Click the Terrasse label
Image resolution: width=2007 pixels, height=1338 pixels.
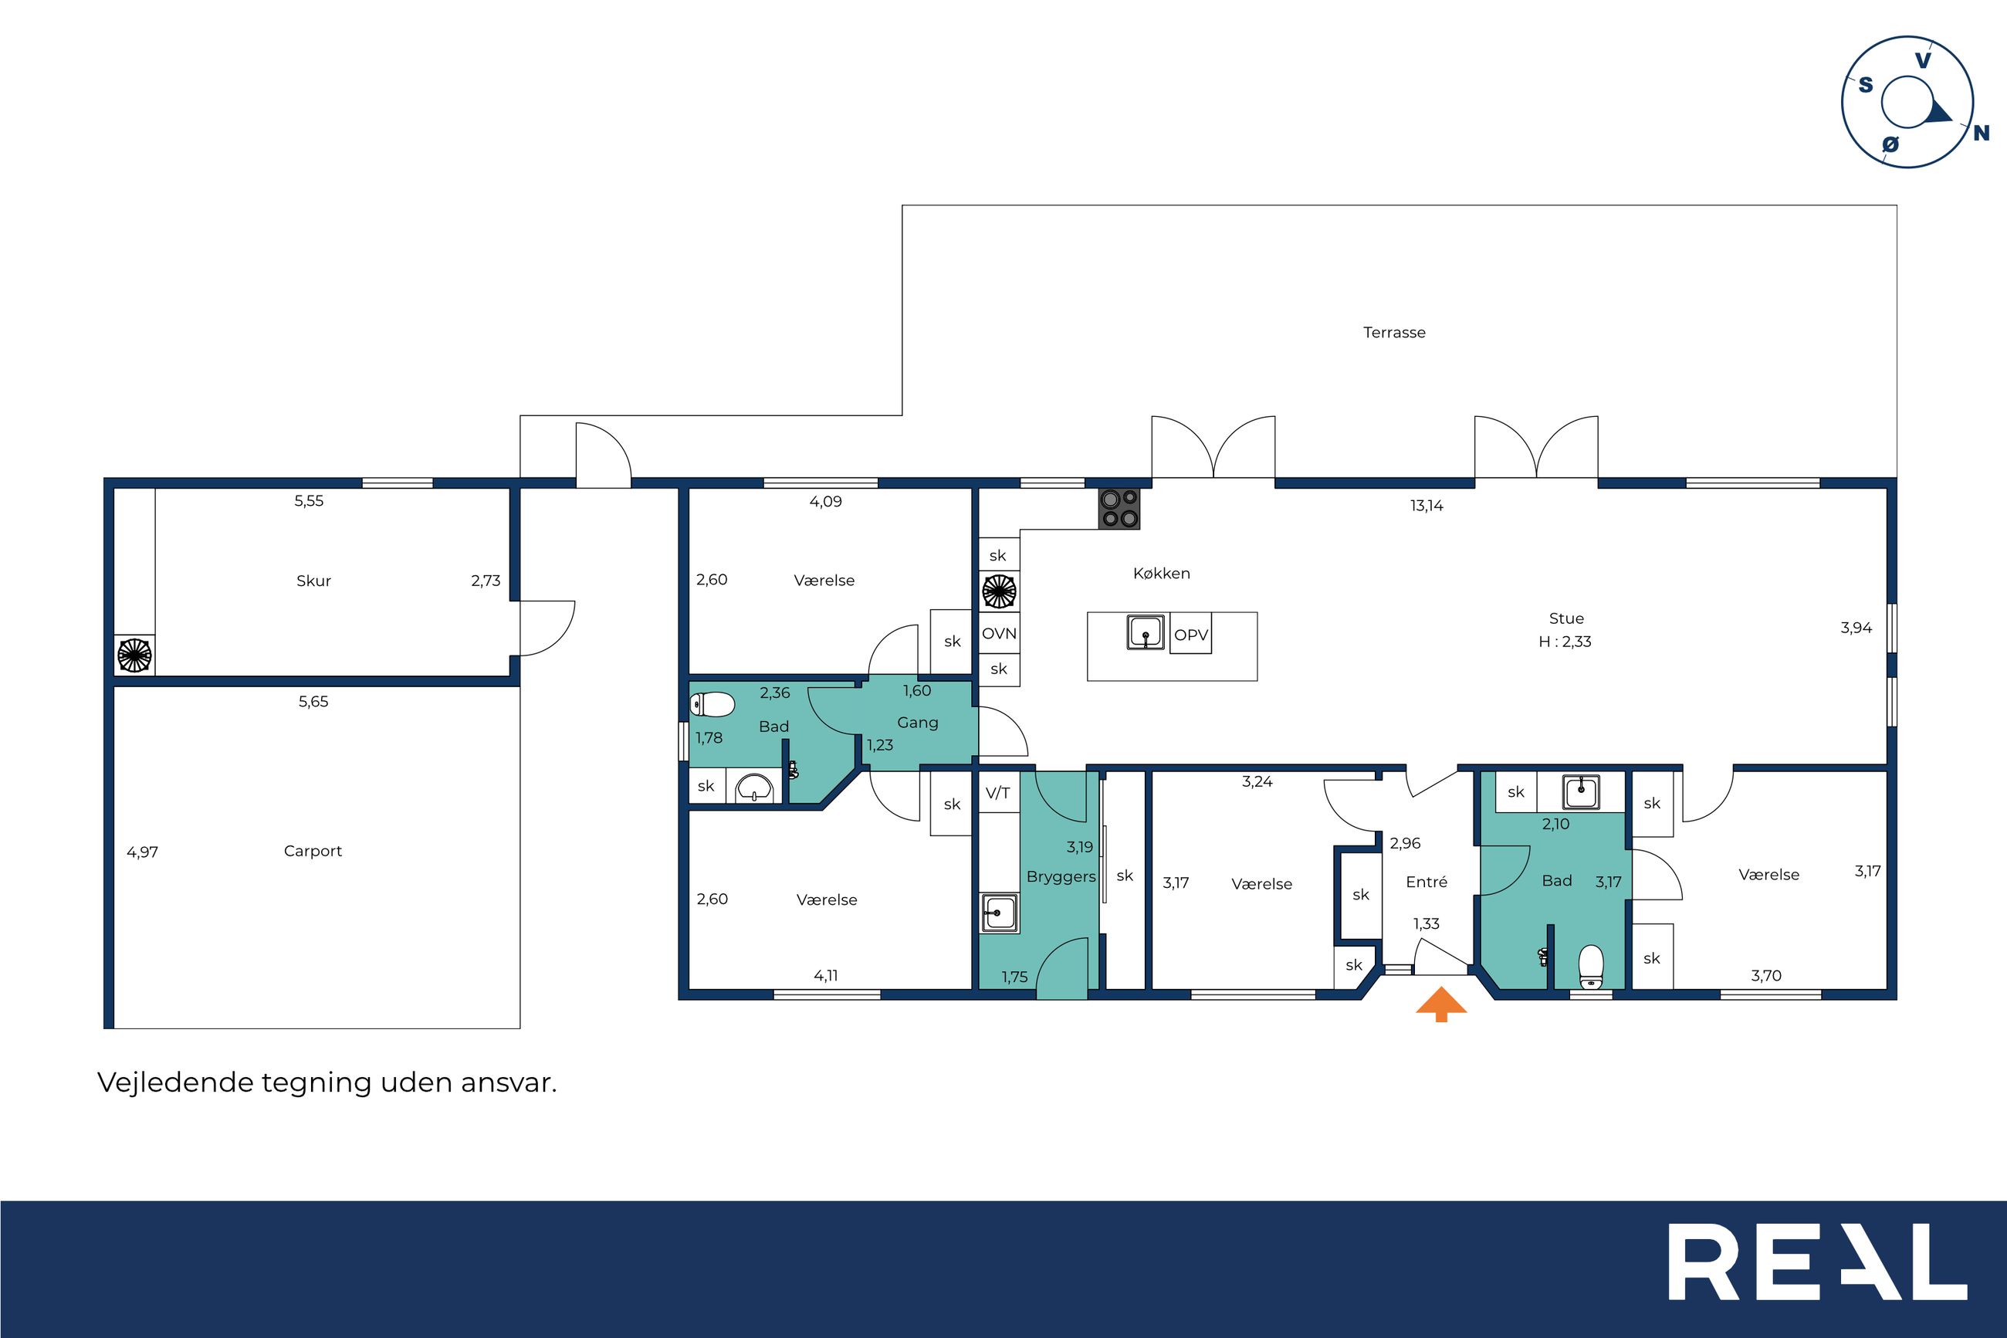[x=1394, y=333]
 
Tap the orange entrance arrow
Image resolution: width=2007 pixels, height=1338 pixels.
[x=1440, y=1004]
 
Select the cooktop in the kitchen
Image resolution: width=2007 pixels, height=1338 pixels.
[x=1119, y=509]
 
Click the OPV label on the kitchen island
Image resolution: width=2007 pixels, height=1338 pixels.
[x=1191, y=635]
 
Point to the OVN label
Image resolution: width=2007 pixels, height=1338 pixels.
[x=999, y=634]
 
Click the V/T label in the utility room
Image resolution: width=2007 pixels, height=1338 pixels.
[x=998, y=793]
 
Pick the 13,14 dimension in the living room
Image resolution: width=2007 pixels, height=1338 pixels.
[x=1427, y=506]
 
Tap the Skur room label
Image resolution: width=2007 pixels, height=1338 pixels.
[x=313, y=581]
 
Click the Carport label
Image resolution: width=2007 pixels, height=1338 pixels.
[x=313, y=852]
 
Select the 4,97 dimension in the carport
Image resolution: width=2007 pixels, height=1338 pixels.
[x=143, y=852]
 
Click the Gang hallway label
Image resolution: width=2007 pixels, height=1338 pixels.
[x=918, y=723]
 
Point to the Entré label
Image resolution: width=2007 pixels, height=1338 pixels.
[x=1427, y=882]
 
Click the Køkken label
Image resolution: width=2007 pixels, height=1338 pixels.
[x=1161, y=574]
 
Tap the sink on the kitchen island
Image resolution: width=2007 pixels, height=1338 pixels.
[x=1146, y=632]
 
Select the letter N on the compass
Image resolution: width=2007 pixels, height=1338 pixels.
[x=1982, y=133]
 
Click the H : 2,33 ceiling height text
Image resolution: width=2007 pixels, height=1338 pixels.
[x=1565, y=642]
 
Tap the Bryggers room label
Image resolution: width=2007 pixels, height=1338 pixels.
[x=1061, y=877]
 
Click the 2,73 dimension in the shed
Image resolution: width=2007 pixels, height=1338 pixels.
[x=486, y=581]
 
